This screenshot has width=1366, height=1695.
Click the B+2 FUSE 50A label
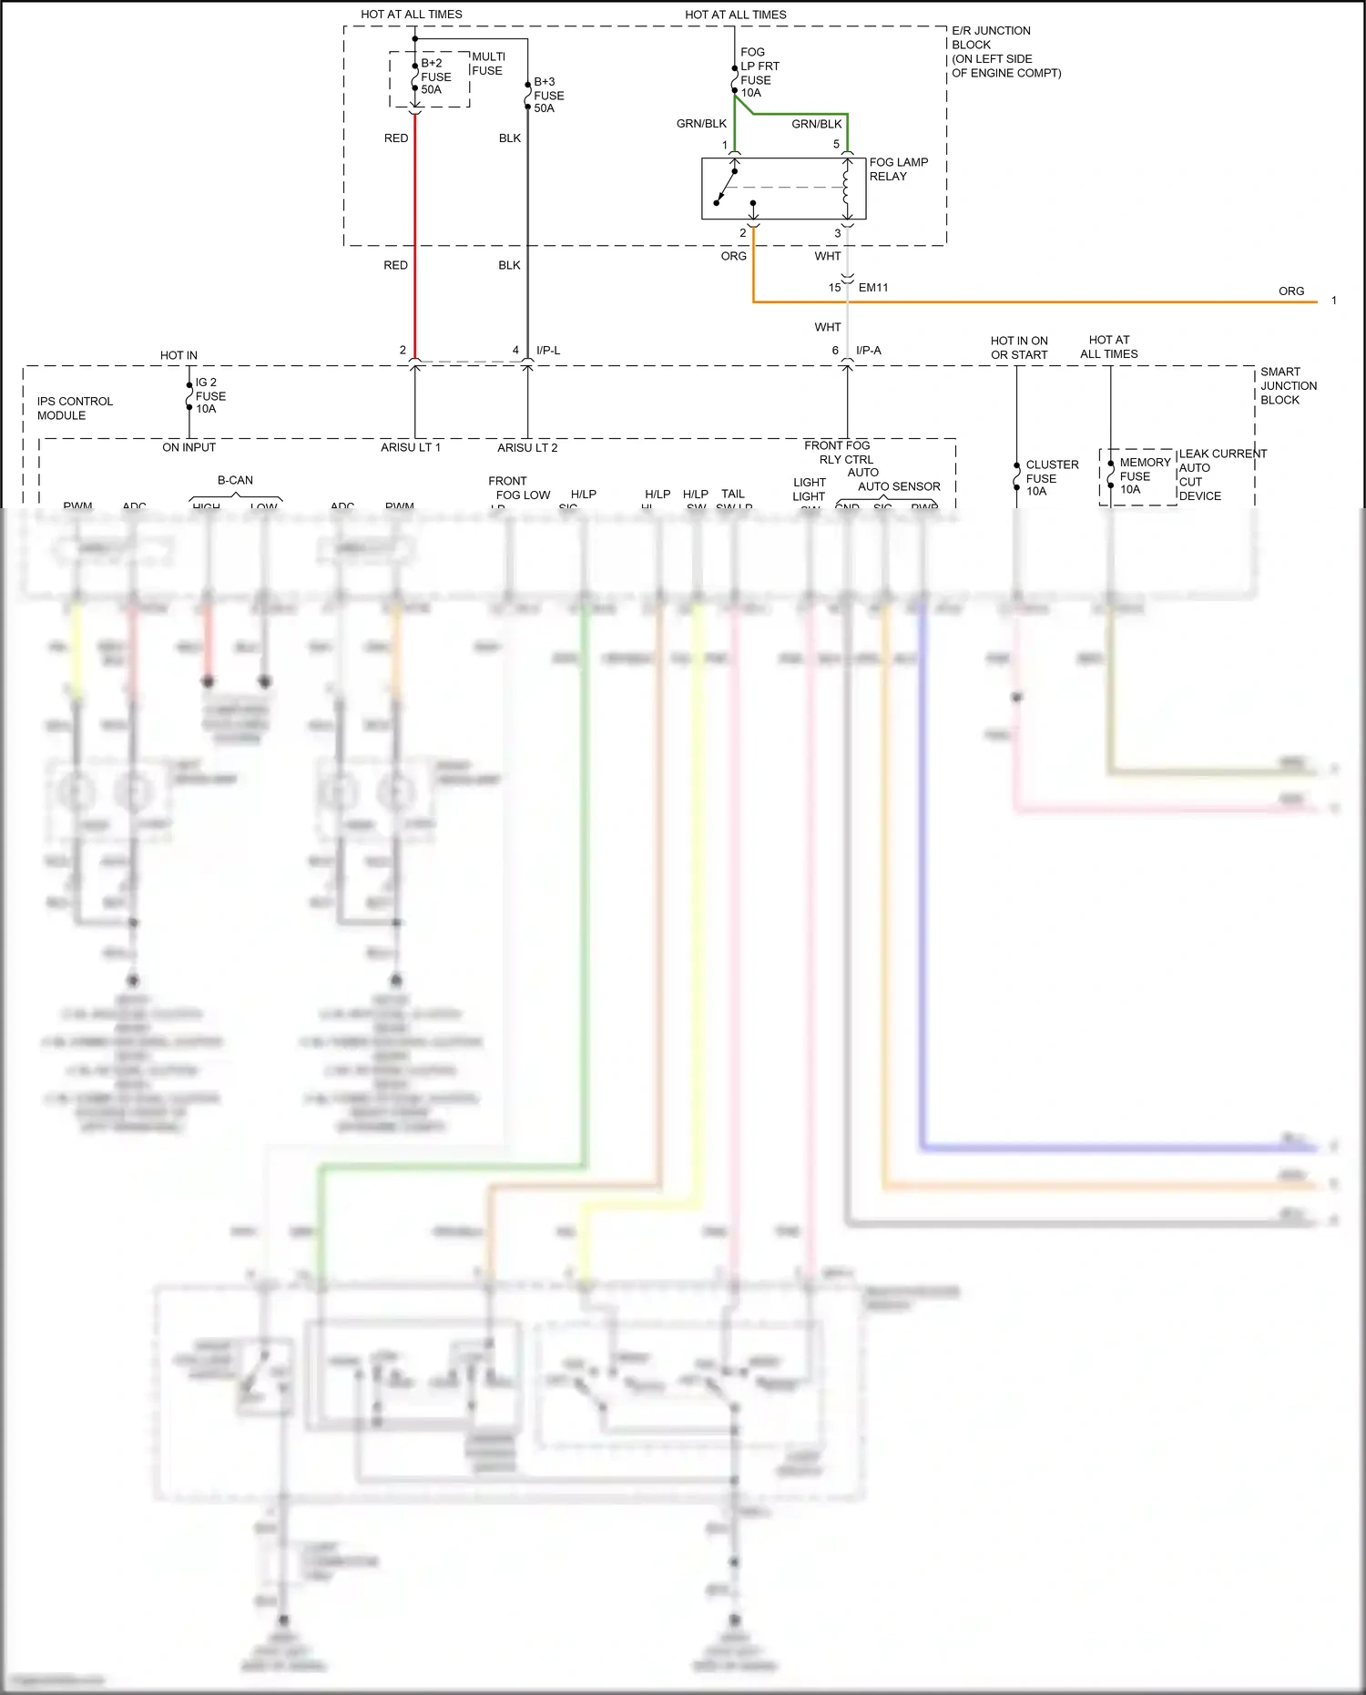coord(435,77)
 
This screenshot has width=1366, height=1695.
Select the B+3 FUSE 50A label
coord(548,95)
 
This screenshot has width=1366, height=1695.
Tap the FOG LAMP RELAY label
coord(898,169)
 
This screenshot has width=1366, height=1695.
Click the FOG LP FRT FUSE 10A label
coord(759,73)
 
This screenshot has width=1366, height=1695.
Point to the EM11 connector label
coord(872,288)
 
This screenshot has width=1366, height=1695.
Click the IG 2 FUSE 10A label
coord(210,395)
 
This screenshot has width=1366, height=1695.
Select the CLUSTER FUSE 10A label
coord(1051,477)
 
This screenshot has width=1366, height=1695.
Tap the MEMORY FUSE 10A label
coord(1143,475)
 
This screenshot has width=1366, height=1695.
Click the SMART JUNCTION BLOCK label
coord(1288,385)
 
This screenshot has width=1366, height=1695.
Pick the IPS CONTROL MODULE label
coord(75,408)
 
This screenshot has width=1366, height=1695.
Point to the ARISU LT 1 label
coord(410,447)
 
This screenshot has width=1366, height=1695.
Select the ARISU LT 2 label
coord(526,447)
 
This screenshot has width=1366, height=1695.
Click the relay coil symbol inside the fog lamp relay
coord(846,188)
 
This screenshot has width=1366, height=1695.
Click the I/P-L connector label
coord(548,350)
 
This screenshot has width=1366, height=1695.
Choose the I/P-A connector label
coord(868,350)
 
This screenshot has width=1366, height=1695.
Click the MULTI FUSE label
coord(488,63)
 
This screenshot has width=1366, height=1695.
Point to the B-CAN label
coord(235,480)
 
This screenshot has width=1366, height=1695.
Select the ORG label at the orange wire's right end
coord(1290,291)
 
